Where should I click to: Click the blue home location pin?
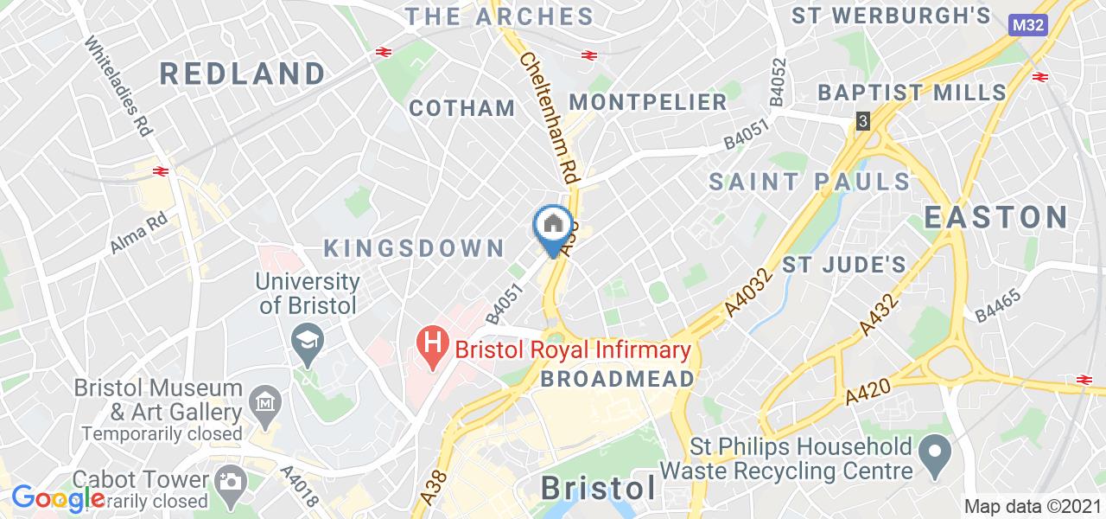pyautogui.click(x=554, y=227)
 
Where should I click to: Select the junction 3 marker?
pyautogui.click(x=862, y=121)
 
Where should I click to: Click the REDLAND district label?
pyautogui.click(x=242, y=74)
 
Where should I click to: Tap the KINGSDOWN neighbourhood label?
pyautogui.click(x=414, y=248)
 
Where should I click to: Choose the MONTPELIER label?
pyautogui.click(x=660, y=102)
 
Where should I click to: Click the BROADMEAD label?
pyautogui.click(x=618, y=379)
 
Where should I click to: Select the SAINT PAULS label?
pyautogui.click(x=810, y=182)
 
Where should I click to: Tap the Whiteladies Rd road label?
pyautogui.click(x=119, y=86)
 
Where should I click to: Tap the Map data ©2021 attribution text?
pyautogui.click(x=1033, y=506)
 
